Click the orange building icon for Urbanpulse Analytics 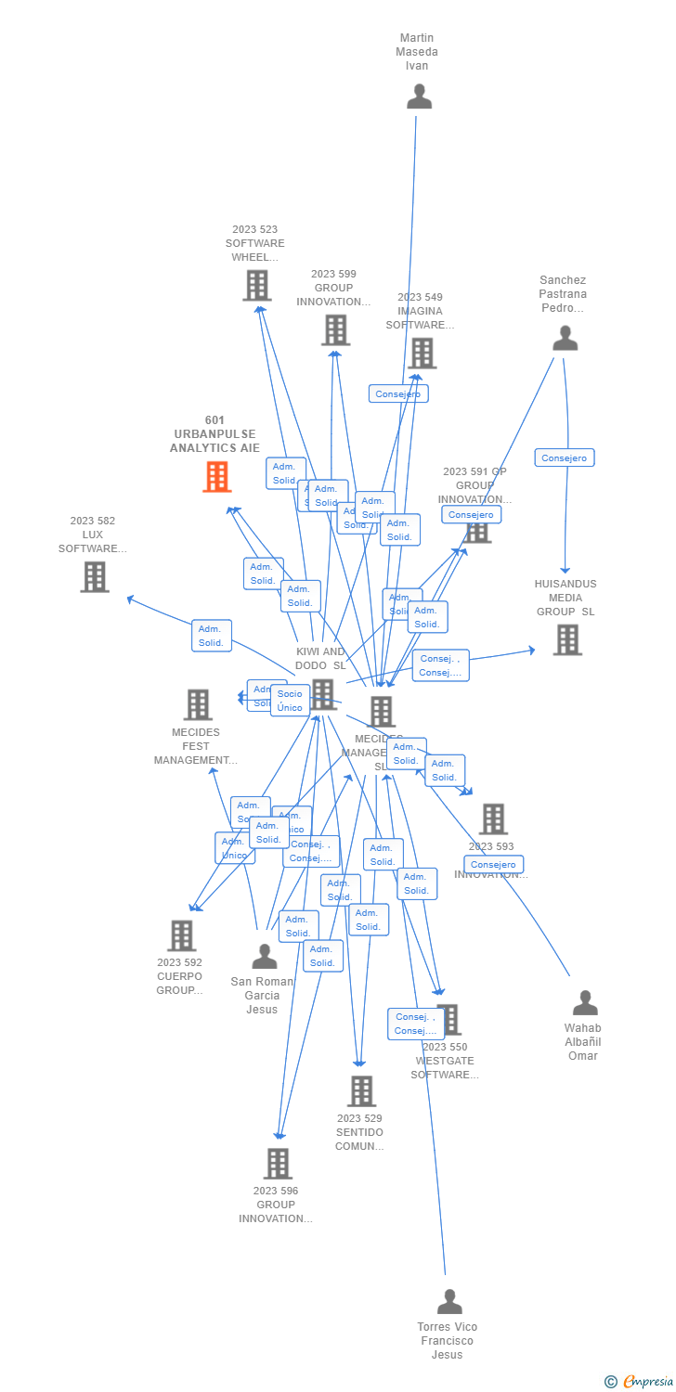217,477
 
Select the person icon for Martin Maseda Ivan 420,97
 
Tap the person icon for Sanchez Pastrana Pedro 565,339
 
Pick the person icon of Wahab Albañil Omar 585,1003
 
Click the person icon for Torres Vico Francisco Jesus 449,1302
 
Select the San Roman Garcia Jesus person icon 265,957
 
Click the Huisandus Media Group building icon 567,639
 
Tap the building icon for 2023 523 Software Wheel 257,286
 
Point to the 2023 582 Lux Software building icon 94,577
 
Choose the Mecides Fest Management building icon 198,705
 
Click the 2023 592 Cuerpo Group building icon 182,936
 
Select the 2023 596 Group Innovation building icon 278,1164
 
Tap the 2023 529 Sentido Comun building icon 361,1091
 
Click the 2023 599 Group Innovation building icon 335,330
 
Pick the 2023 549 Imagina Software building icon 422,354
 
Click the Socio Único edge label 290,701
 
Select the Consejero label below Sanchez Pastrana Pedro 565,458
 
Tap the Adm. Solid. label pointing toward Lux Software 212,636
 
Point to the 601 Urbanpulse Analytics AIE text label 214,434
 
